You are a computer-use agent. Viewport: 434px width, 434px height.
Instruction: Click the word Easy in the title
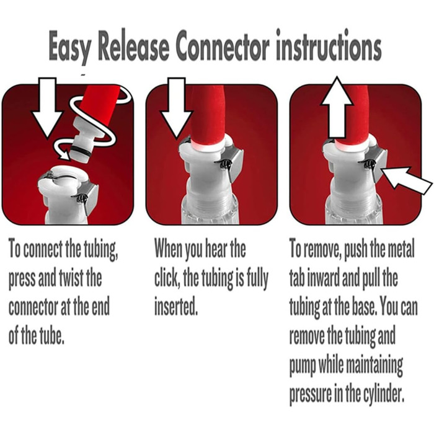[x=69, y=46]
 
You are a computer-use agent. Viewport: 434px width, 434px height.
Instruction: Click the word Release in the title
[x=133, y=45]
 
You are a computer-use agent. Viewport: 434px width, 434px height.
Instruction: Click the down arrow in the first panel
[x=47, y=107]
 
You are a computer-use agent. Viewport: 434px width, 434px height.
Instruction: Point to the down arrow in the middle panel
[x=177, y=107]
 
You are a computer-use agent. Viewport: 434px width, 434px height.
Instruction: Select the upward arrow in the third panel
[x=337, y=107]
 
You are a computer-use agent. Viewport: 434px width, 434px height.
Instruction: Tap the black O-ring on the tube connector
[x=80, y=151]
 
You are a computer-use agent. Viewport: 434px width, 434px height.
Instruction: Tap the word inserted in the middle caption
[x=175, y=306]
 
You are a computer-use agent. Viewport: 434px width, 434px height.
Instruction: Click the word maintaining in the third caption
[x=374, y=365]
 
